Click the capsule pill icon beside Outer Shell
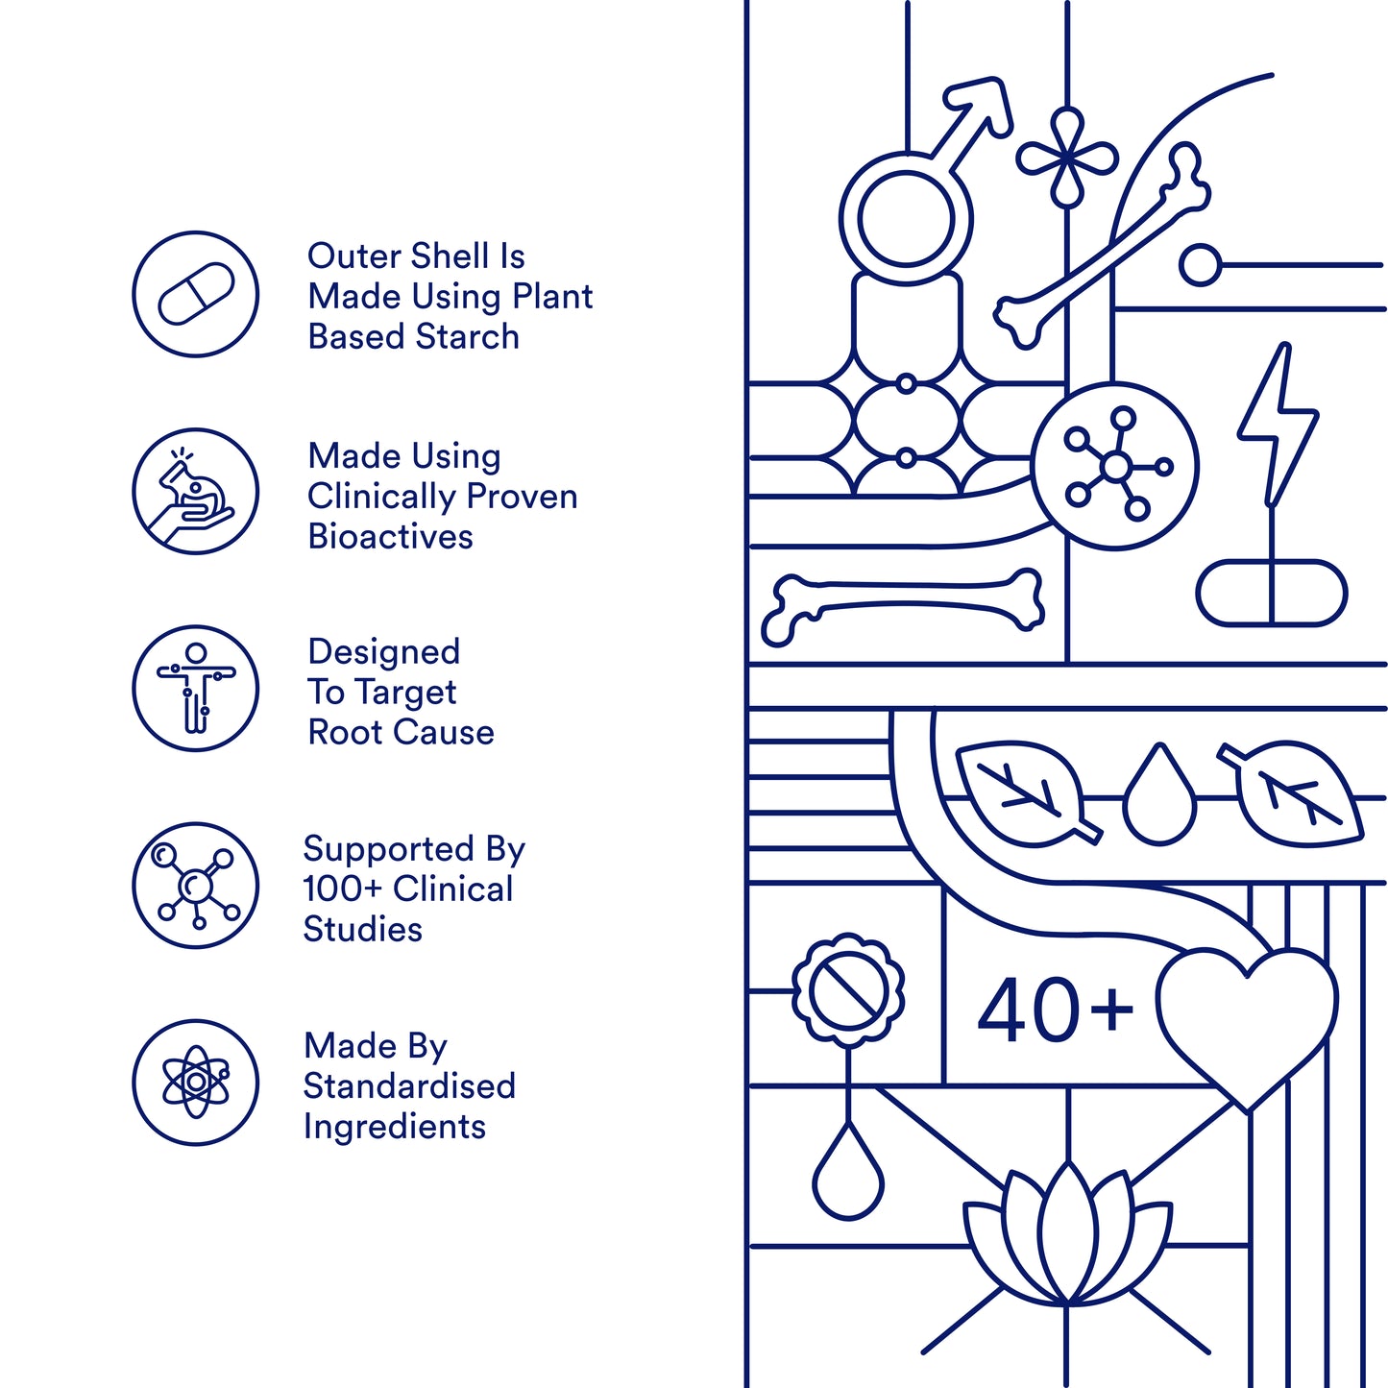pyautogui.click(x=196, y=294)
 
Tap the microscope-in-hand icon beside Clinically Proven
pyautogui.click(x=196, y=491)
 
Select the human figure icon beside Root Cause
pyautogui.click(x=196, y=688)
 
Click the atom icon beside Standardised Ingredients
pyautogui.click(x=196, y=1082)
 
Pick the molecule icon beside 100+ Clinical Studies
pyautogui.click(x=196, y=886)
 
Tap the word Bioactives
pyautogui.click(x=390, y=537)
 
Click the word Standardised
pyautogui.click(x=409, y=1085)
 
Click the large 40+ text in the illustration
pyautogui.click(x=1056, y=1010)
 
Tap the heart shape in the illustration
pyautogui.click(x=1247, y=1028)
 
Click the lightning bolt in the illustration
pyautogui.click(x=1278, y=425)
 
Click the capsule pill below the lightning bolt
pyautogui.click(x=1272, y=593)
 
